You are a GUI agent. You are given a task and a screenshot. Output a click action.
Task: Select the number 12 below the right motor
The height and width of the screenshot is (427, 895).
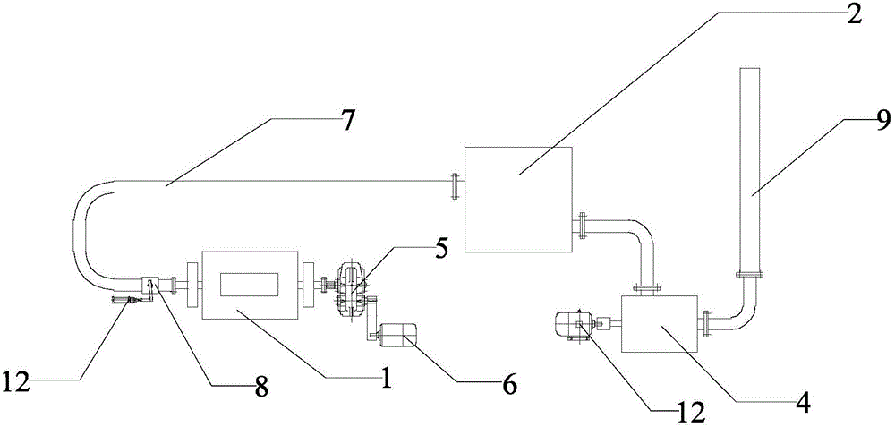(690, 412)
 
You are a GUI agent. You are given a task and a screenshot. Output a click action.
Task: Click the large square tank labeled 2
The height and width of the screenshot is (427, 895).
(516, 201)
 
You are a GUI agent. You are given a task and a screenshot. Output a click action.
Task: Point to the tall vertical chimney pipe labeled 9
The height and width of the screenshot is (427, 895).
(750, 161)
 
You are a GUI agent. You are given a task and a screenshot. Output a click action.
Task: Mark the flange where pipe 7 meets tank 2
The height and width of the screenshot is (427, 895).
(456, 186)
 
